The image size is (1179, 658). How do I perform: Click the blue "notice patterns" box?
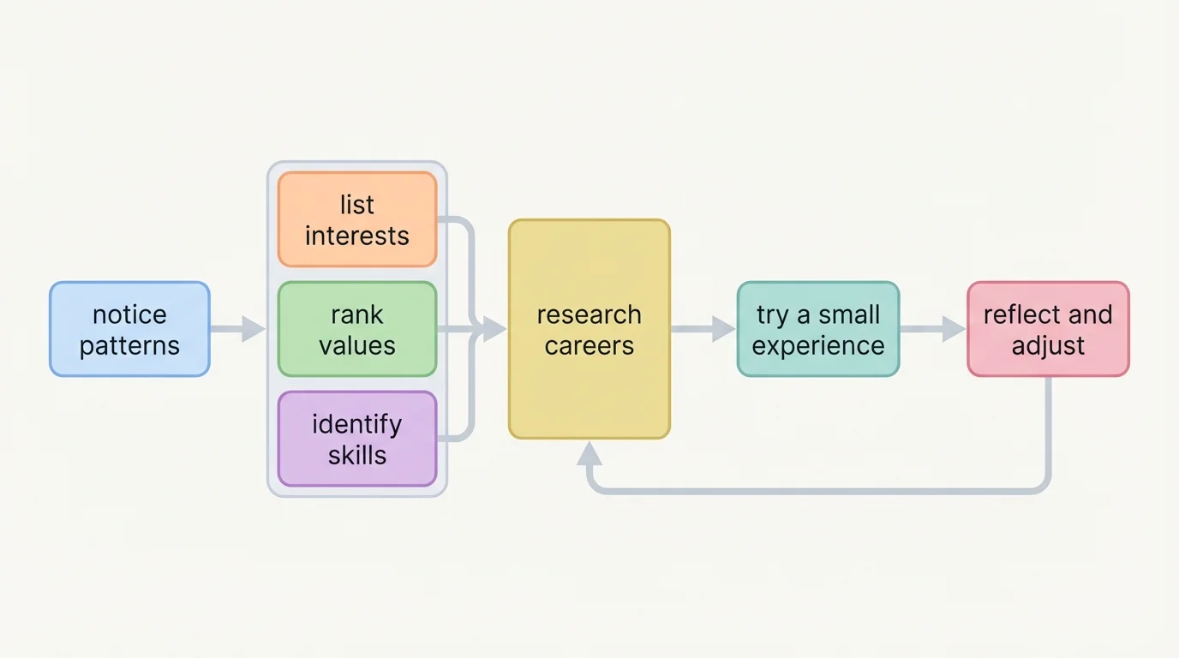coord(129,329)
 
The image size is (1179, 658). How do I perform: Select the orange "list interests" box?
coord(357,219)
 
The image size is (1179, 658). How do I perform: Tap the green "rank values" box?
coord(357,329)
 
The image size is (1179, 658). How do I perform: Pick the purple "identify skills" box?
coord(357,439)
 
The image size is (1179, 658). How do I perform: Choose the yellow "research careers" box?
coord(589,329)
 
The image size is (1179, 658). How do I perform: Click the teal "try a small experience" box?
coord(817,329)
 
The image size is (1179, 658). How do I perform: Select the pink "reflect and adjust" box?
coord(1048,329)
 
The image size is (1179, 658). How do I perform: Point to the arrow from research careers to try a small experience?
coord(703,329)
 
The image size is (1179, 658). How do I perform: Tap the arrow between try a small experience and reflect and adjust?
coord(932,329)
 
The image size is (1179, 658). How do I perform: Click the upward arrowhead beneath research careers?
coord(589,453)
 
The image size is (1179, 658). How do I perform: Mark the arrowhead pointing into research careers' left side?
coord(494,329)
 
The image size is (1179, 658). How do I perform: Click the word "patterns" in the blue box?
coord(129,345)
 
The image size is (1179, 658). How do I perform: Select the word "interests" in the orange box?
coord(357,236)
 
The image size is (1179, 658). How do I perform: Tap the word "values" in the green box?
coord(357,345)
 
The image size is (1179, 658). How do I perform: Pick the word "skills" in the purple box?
coord(357,455)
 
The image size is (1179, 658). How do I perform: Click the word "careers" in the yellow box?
coord(589,345)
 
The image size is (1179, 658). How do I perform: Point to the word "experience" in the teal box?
coord(817,345)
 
